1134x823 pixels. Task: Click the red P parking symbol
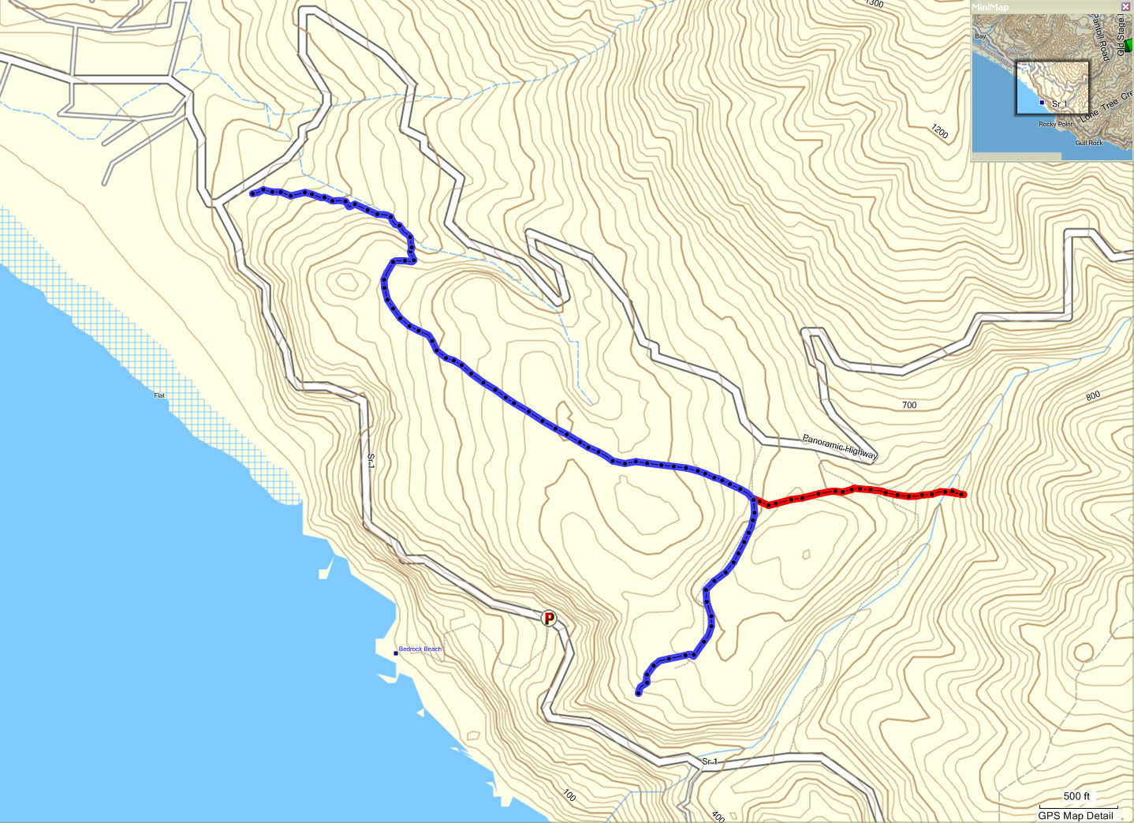[x=549, y=618]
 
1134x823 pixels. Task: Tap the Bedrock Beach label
[x=420, y=649]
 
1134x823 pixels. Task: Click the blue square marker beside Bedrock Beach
[x=395, y=653]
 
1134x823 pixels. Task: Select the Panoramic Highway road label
[x=840, y=446]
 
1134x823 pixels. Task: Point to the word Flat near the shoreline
[x=159, y=395]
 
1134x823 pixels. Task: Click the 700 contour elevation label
[x=909, y=405]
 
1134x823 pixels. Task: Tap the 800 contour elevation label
[x=1092, y=396]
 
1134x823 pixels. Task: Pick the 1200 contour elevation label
[x=938, y=131]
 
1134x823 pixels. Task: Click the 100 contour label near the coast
[x=569, y=795]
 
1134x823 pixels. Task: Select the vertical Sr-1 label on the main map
[x=371, y=461]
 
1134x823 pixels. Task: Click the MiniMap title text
[x=990, y=7]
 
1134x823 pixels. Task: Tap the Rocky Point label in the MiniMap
[x=1055, y=125]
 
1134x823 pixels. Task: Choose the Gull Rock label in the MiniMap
[x=1089, y=143]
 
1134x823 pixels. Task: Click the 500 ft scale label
[x=1076, y=796]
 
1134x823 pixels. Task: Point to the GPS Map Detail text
[x=1076, y=816]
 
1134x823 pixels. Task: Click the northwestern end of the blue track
[x=252, y=193]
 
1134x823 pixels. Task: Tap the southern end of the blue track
[x=638, y=694]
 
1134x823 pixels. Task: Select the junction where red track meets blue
[x=755, y=499]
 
